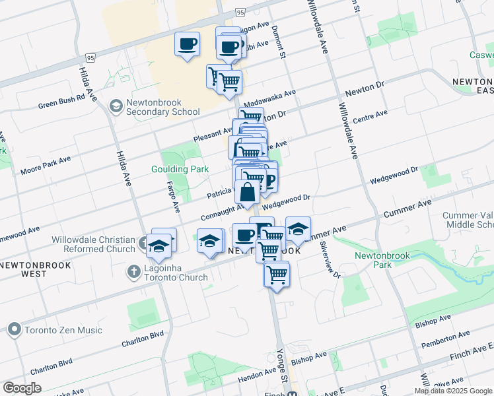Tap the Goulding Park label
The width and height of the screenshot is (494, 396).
[180, 169]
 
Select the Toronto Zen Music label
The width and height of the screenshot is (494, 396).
[63, 330]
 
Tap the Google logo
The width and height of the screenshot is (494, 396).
[22, 387]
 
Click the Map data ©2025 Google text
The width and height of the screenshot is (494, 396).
[453, 391]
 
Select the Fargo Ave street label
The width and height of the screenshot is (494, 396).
[174, 197]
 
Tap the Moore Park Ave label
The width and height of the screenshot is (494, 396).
[45, 166]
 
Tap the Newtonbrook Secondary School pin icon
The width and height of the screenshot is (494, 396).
[116, 106]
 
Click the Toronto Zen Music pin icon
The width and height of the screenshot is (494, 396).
[15, 329]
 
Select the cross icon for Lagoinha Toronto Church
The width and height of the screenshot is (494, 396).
[134, 271]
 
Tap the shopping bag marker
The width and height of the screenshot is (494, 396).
[247, 193]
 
